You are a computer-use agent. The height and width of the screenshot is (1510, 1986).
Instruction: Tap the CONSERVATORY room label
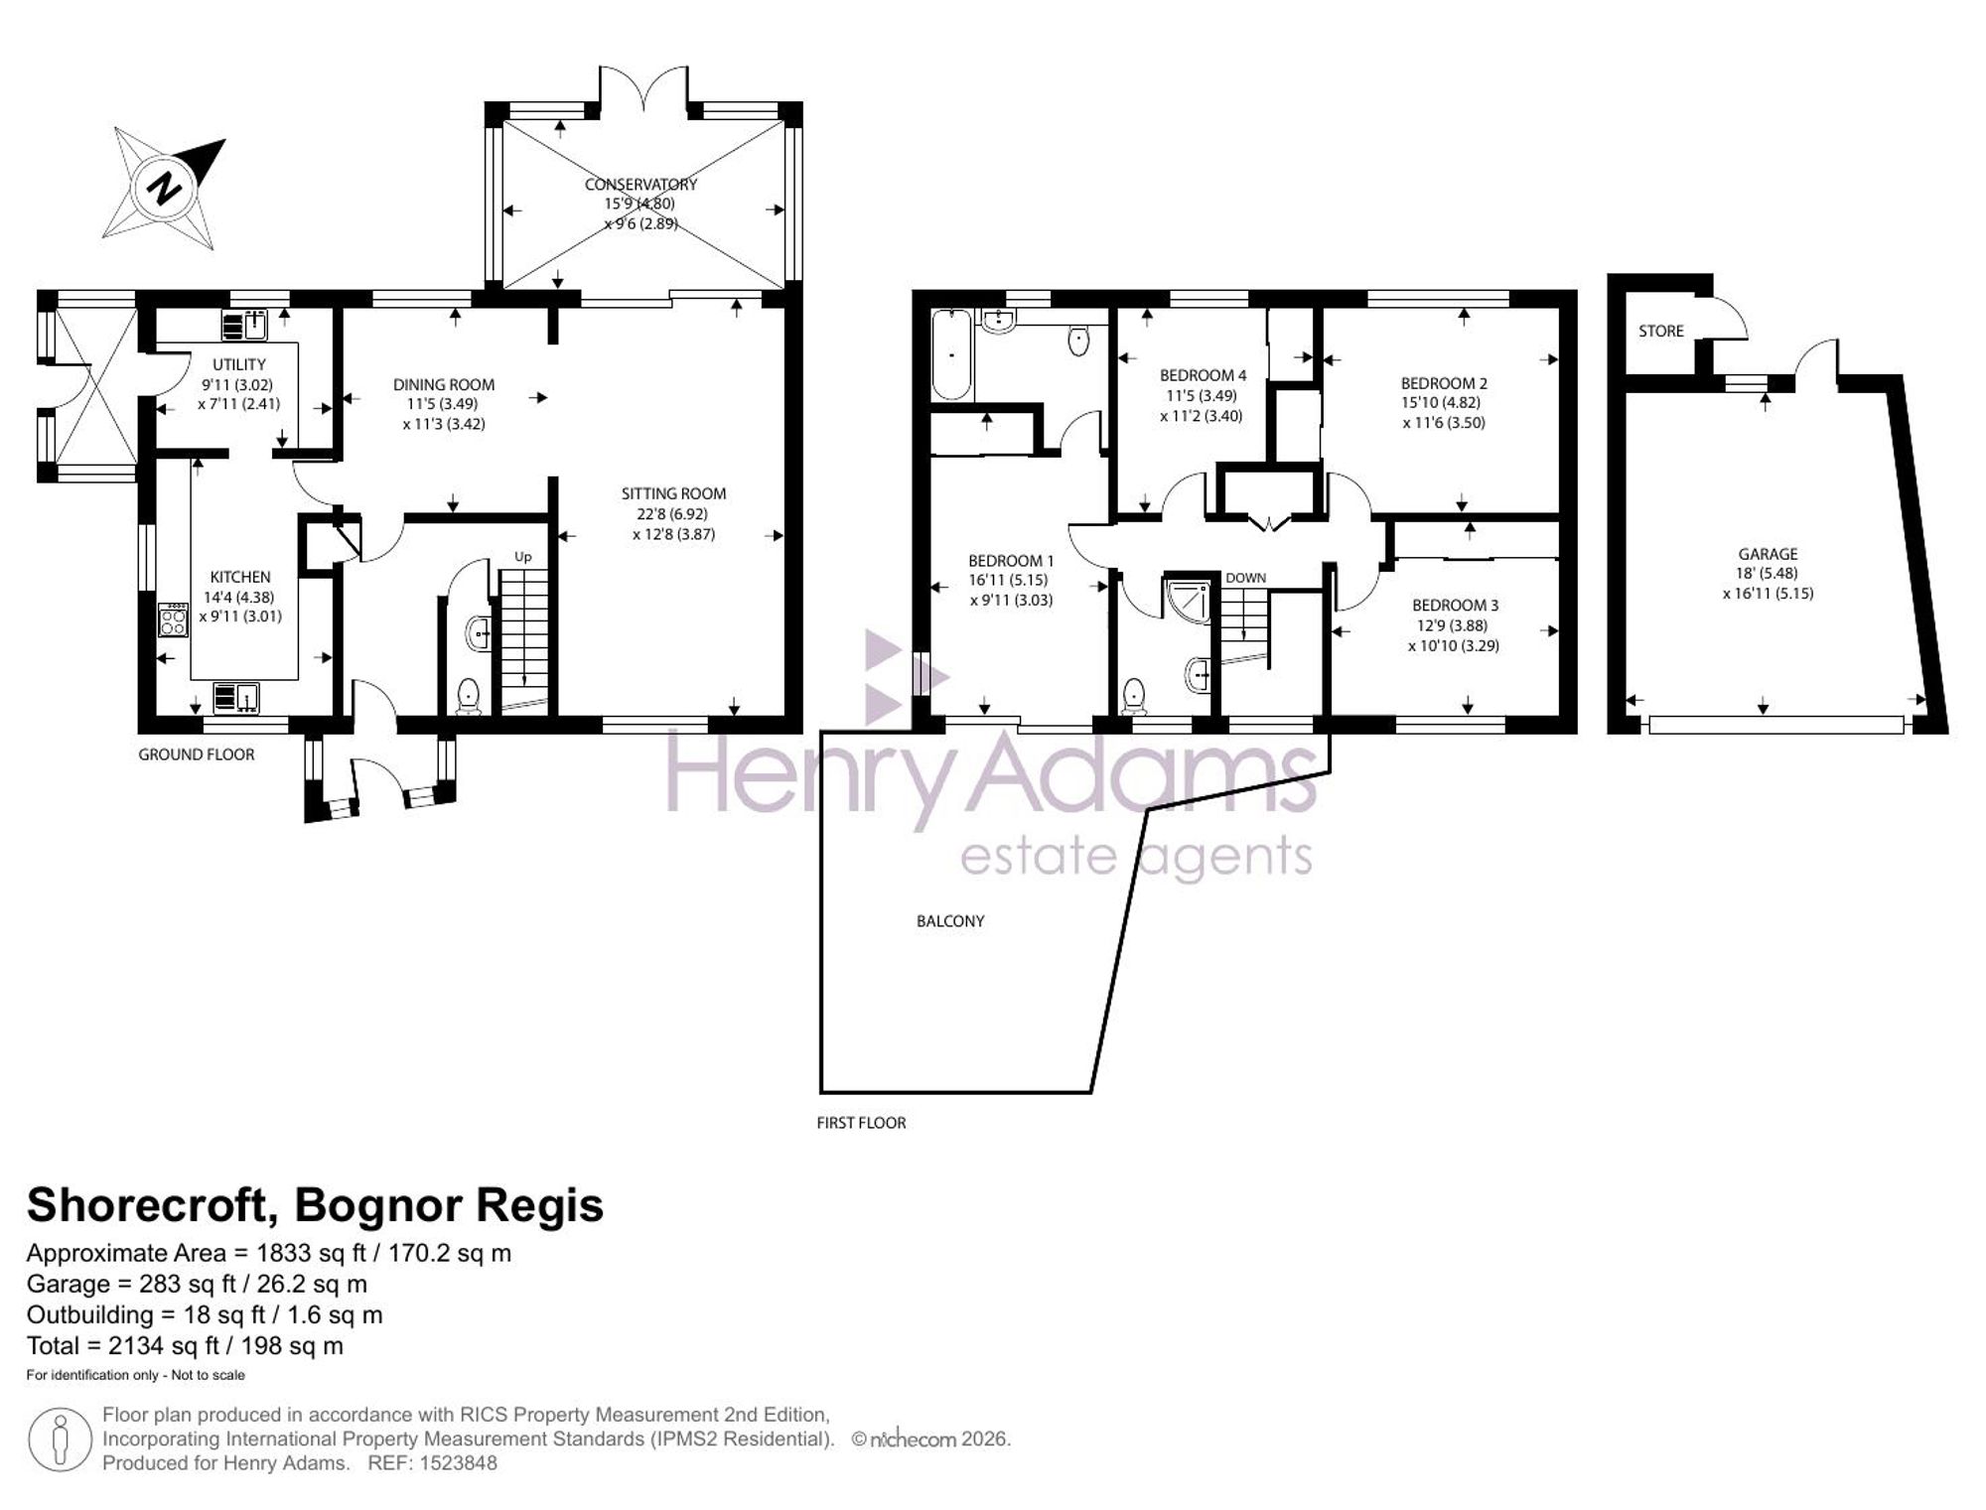pyautogui.click(x=640, y=185)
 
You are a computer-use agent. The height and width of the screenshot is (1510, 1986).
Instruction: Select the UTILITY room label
pyautogui.click(x=239, y=364)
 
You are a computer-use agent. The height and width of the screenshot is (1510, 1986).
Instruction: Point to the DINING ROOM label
pyautogui.click(x=443, y=384)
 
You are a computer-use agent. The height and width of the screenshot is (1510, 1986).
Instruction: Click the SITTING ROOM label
pyautogui.click(x=673, y=493)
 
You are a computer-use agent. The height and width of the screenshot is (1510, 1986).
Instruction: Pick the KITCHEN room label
pyautogui.click(x=240, y=577)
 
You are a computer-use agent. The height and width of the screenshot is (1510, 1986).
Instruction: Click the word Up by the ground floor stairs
pyautogui.click(x=522, y=557)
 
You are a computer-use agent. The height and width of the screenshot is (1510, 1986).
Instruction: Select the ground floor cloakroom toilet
pyautogui.click(x=468, y=696)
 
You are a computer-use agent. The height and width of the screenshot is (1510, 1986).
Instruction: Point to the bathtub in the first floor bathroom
pyautogui.click(x=951, y=354)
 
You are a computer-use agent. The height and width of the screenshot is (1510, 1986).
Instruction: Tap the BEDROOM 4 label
pyautogui.click(x=1203, y=375)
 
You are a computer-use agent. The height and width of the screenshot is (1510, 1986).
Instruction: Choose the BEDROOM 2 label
pyautogui.click(x=1444, y=383)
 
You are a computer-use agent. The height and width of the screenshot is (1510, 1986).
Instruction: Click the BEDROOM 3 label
pyautogui.click(x=1455, y=605)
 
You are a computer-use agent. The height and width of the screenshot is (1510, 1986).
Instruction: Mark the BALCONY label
pyautogui.click(x=950, y=921)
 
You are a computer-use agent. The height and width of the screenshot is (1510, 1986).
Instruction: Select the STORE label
pyautogui.click(x=1661, y=331)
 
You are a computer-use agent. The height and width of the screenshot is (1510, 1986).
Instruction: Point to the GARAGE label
pyautogui.click(x=1768, y=554)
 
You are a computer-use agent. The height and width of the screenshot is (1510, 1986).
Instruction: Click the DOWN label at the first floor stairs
pyautogui.click(x=1245, y=578)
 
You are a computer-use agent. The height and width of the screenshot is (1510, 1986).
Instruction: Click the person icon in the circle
pyautogui.click(x=61, y=1439)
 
